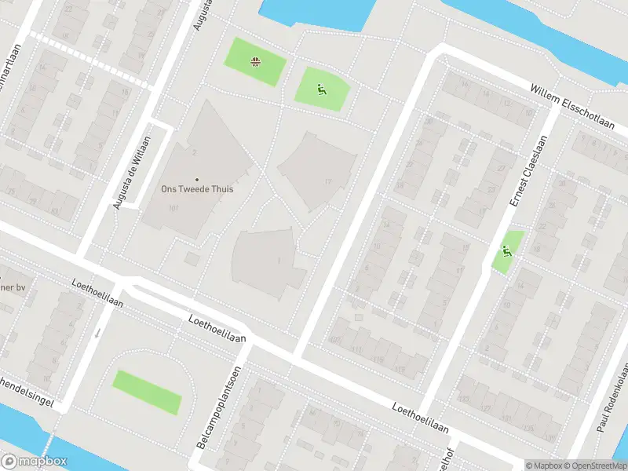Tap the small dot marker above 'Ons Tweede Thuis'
(197, 180)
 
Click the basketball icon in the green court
(255, 61)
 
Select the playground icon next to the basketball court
(320, 90)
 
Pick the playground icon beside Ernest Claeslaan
(507, 252)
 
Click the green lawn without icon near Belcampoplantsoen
(147, 392)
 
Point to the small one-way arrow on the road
(97, 333)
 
